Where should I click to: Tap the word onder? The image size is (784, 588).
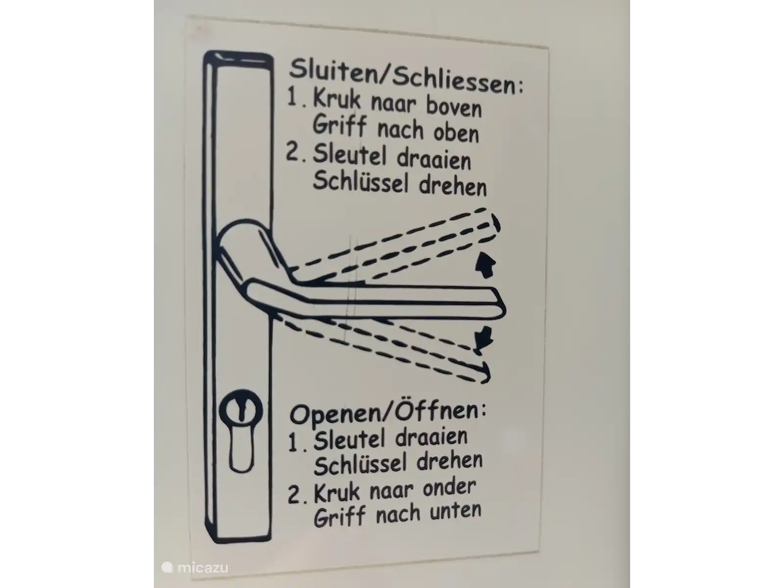pos(449,488)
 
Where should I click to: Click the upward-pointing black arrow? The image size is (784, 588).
pos(486,265)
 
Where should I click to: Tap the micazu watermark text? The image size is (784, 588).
pos(202,567)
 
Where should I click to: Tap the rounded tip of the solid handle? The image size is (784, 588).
pos(503,303)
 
